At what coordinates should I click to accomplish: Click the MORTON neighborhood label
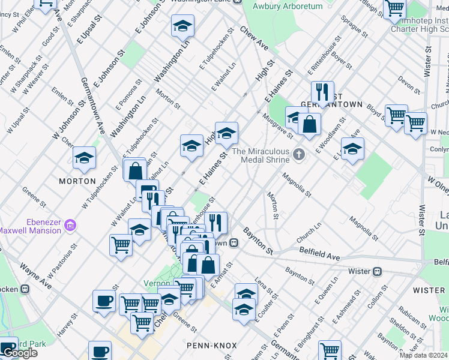(x=77, y=181)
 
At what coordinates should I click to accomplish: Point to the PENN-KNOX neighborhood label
(x=212, y=346)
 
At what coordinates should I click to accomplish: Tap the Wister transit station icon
(x=378, y=271)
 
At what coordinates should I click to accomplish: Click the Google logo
(x=20, y=353)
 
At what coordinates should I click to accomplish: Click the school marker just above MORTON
(x=85, y=157)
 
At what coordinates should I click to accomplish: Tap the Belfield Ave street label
(x=320, y=254)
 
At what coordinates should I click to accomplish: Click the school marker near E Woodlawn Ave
(x=352, y=148)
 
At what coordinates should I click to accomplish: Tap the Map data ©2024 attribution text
(x=424, y=356)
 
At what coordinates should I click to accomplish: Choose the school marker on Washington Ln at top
(x=183, y=26)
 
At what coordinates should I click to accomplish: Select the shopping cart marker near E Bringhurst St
(x=330, y=350)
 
